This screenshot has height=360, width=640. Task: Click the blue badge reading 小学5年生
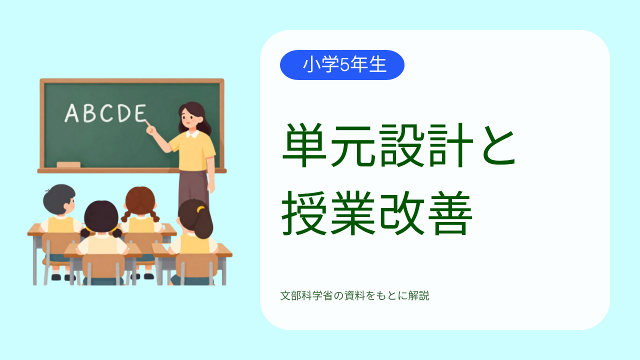tap(342, 65)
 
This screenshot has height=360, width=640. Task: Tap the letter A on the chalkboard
tap(71, 113)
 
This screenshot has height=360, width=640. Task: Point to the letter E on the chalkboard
tap(140, 113)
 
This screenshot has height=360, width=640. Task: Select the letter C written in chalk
tap(106, 113)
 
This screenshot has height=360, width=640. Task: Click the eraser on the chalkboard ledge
tap(68, 164)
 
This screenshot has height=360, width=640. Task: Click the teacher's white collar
tap(193, 133)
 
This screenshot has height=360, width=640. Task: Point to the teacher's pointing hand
tap(151, 129)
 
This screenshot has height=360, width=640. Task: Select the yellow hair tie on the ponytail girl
tap(200, 209)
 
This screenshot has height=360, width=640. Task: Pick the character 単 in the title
tap(304, 145)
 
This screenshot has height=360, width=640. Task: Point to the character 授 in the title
tap(304, 213)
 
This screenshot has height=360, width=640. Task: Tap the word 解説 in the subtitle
tap(418, 295)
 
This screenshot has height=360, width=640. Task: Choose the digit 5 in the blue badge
tap(345, 65)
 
